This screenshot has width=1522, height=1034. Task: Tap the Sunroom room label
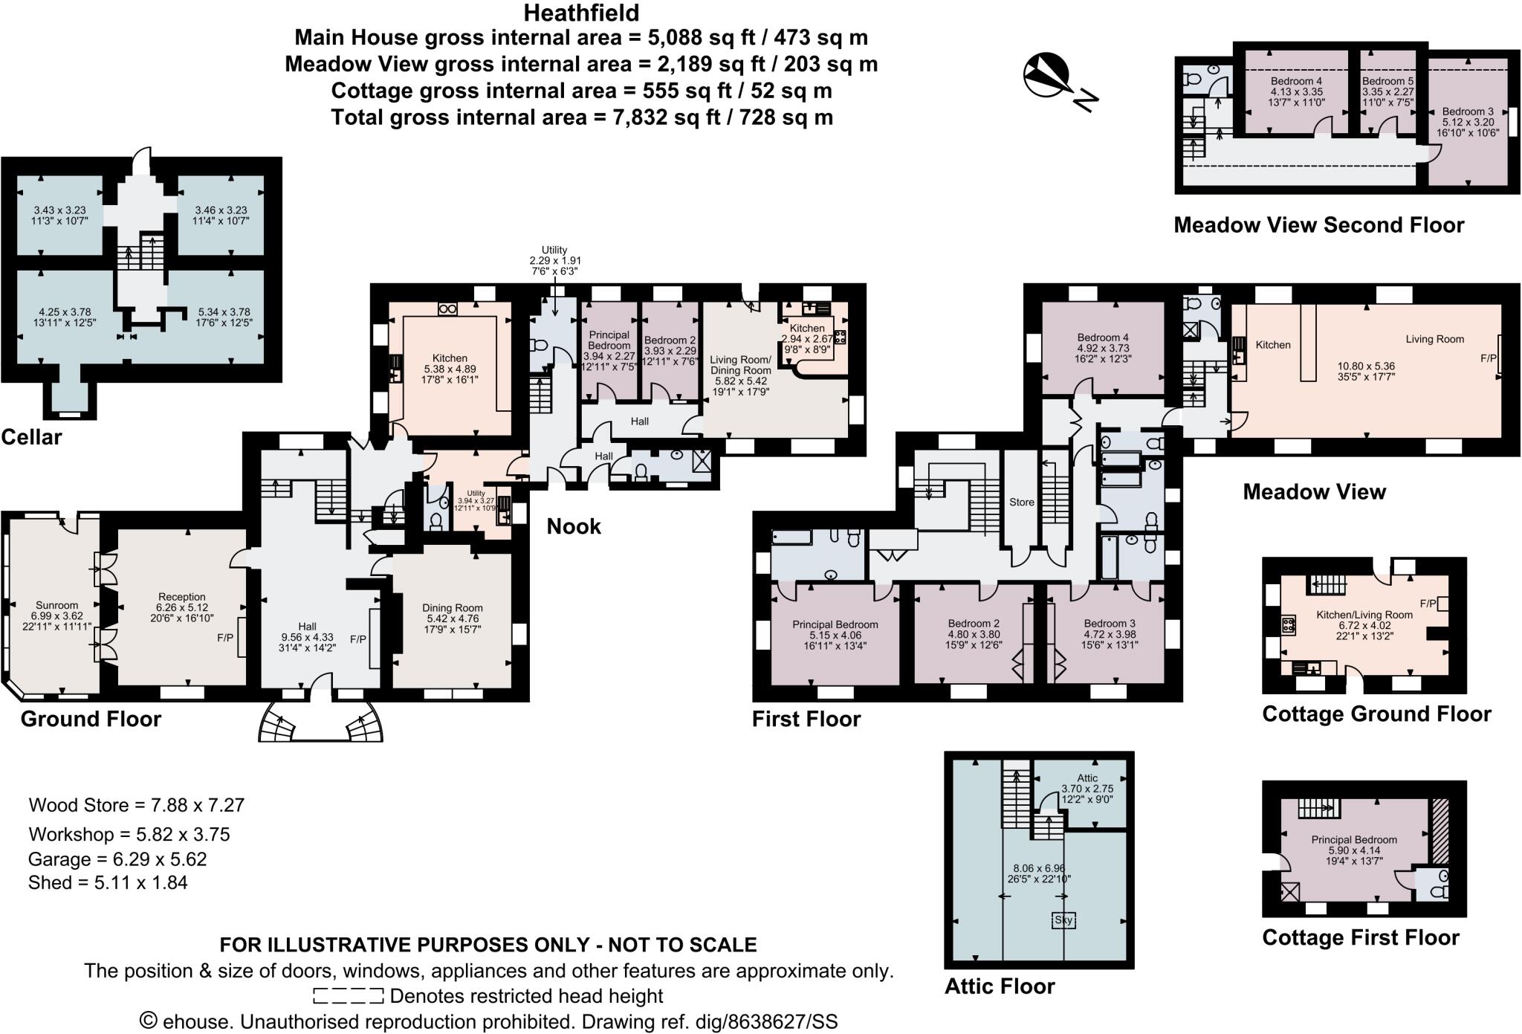56,605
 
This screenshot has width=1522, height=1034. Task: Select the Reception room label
181,597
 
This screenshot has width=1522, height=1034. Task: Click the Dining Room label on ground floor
452,608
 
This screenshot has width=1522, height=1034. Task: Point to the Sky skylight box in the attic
1063,920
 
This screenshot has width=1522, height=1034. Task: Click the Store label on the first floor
1021,503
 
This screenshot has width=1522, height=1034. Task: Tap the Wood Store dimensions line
136,805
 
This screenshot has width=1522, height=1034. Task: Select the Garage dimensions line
117,859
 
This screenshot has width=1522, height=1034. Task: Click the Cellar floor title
31,437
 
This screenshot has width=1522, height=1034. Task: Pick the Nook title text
573,527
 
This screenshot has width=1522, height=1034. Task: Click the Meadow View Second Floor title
1318,225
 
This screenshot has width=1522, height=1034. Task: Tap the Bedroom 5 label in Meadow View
1387,81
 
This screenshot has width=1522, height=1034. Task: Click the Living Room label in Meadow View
1434,339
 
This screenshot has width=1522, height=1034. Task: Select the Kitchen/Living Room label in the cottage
1364,615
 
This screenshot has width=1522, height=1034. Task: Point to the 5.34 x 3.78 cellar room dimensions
224,312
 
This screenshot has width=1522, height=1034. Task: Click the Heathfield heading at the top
581,13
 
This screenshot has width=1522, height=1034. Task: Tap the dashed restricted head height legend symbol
348,996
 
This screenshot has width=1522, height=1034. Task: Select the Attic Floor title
1000,986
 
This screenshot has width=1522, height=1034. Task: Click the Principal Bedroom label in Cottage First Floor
1353,840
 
